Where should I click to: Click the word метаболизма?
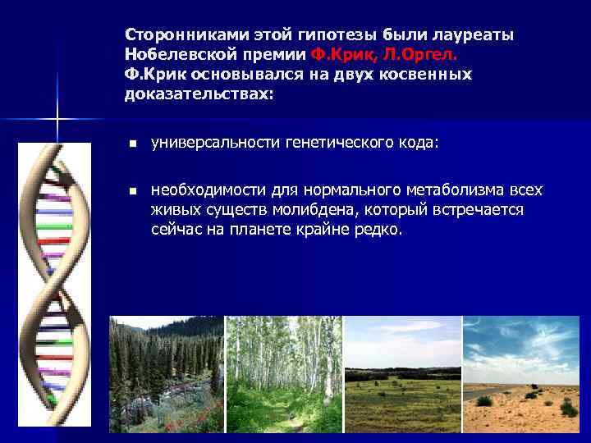462,190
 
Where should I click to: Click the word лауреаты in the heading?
479,35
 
